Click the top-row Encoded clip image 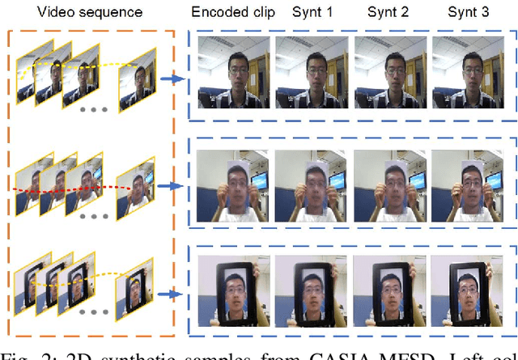pos(233,74)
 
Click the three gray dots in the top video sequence pos(91,108)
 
